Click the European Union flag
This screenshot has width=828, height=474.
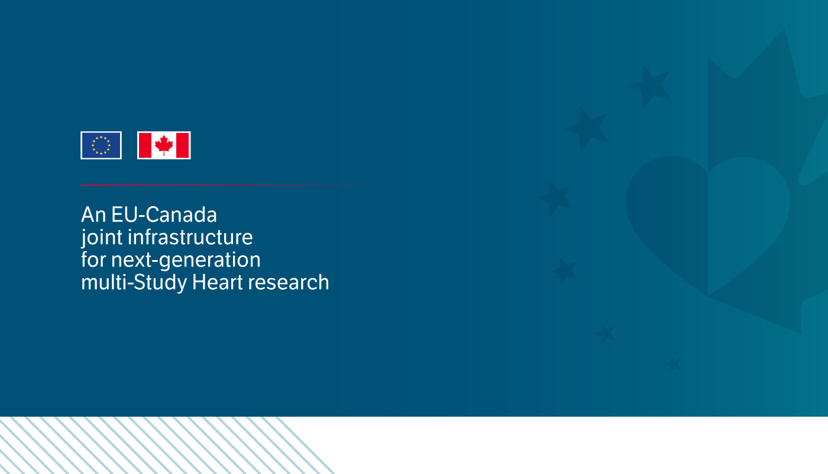(101, 145)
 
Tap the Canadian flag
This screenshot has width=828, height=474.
(164, 145)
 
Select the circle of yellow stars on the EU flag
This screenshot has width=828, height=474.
(101, 145)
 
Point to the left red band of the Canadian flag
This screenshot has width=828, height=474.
(145, 145)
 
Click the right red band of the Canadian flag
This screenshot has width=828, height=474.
(183, 145)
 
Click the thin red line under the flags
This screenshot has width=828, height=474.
(228, 185)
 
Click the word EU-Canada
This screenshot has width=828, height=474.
(164, 215)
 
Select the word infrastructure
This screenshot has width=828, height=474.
(190, 237)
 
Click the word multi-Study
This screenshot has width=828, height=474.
(134, 283)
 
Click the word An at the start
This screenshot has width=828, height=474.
(93, 215)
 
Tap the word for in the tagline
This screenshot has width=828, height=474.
(93, 259)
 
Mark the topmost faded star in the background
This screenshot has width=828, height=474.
(649, 86)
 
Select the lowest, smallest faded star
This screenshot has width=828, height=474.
(673, 364)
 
